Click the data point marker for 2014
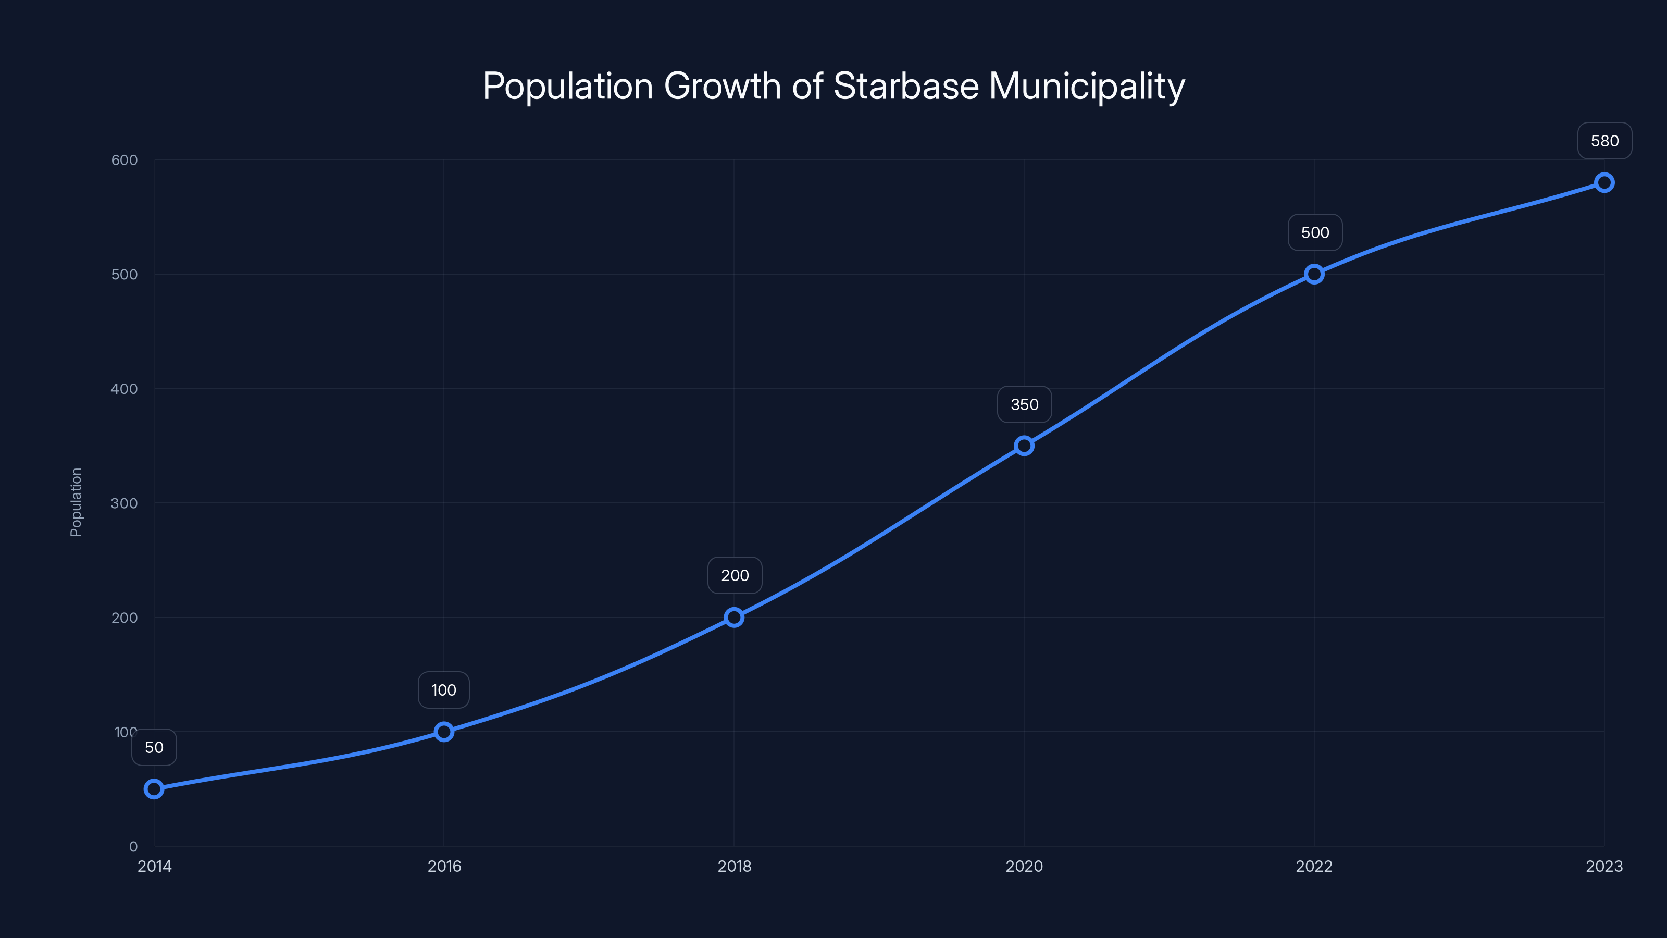click(x=154, y=788)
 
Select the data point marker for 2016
click(x=444, y=732)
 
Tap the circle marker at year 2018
click(x=734, y=617)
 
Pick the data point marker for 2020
click(x=1024, y=446)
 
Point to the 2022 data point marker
click(x=1314, y=274)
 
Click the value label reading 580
click(x=1604, y=141)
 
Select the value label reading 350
click(x=1024, y=404)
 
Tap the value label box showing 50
click(x=154, y=747)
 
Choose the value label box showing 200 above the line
click(x=735, y=575)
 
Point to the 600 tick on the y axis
click(x=125, y=160)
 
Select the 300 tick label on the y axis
click(x=125, y=503)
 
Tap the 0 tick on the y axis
click(x=133, y=846)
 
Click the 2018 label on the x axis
click(x=735, y=866)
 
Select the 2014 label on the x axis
click(x=155, y=866)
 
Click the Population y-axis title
click(x=76, y=502)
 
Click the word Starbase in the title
click(x=906, y=85)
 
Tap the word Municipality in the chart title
click(x=1087, y=87)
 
